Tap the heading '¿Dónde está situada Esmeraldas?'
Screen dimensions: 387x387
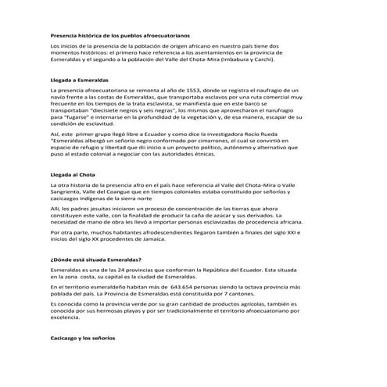95,260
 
